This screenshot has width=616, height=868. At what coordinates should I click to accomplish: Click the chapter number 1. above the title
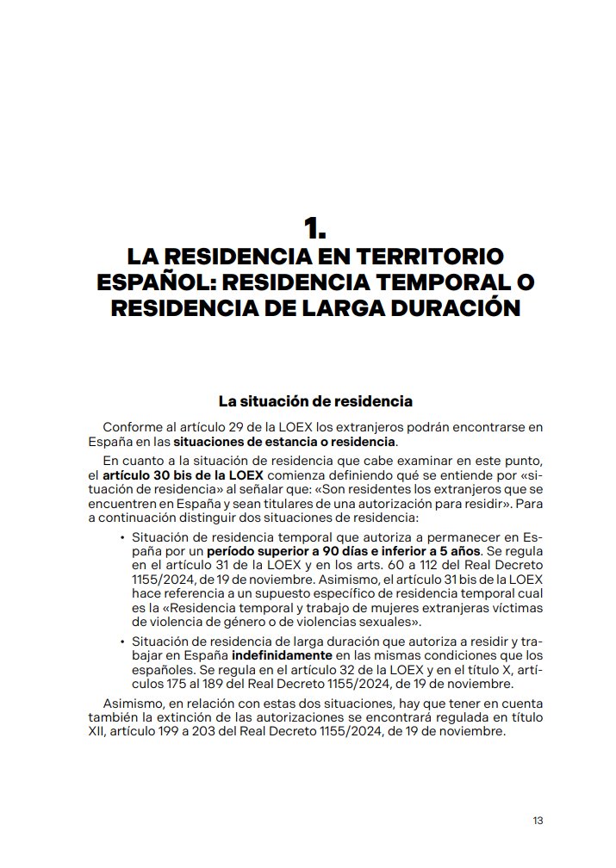(314, 229)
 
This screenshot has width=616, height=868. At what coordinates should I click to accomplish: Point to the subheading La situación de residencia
(315, 401)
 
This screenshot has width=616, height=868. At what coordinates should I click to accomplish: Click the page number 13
(538, 820)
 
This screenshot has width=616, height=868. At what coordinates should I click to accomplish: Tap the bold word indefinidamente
(278, 654)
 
